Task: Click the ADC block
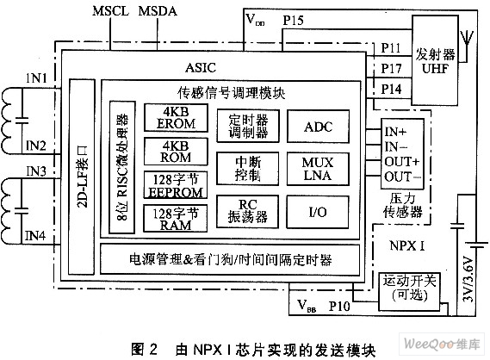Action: click(318, 127)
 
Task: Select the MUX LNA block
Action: click(318, 169)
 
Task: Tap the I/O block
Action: click(318, 212)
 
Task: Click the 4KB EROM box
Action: click(176, 117)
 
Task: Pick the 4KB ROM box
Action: click(176, 152)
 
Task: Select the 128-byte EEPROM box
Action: click(176, 184)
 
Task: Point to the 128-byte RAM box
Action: click(176, 218)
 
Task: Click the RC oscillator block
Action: click(247, 211)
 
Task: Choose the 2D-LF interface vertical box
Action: click(82, 177)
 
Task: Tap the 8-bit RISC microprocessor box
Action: click(122, 167)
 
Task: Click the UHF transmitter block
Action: click(435, 60)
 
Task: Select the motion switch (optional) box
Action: click(409, 291)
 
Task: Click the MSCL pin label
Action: click(110, 11)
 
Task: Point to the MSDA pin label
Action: click(158, 11)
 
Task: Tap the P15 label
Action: click(293, 21)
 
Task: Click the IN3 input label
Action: click(36, 171)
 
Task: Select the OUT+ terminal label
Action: click(402, 162)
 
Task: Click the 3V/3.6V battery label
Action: click(468, 279)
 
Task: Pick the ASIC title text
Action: click(201, 67)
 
